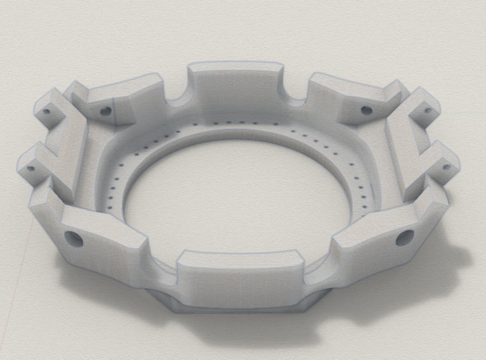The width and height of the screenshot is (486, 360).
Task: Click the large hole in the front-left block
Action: (73, 239)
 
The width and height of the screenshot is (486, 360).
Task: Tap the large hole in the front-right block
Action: (405, 238)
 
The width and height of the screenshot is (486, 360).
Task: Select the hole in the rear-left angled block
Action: (106, 110)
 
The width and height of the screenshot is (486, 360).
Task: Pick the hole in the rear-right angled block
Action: (367, 110)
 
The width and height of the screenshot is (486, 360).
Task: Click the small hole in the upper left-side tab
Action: (46, 112)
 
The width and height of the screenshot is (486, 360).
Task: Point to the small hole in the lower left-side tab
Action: (29, 170)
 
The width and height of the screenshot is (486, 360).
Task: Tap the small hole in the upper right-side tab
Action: (428, 110)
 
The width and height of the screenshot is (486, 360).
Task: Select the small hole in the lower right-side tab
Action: (446, 168)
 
